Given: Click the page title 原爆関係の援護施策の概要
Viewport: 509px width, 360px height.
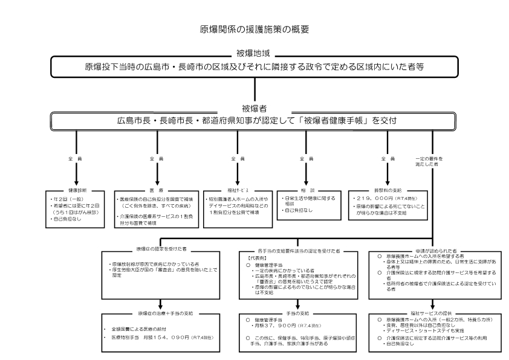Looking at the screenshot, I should [254, 28].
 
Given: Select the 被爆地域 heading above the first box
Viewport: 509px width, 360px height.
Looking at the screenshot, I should [254, 53].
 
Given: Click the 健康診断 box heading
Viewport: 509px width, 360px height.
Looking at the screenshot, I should [76, 189].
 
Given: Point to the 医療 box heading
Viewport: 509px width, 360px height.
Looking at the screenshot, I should [157, 189].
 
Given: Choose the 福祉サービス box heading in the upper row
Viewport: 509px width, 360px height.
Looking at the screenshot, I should [234, 189].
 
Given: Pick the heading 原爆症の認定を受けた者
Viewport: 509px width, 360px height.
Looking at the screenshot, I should [161, 248].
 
